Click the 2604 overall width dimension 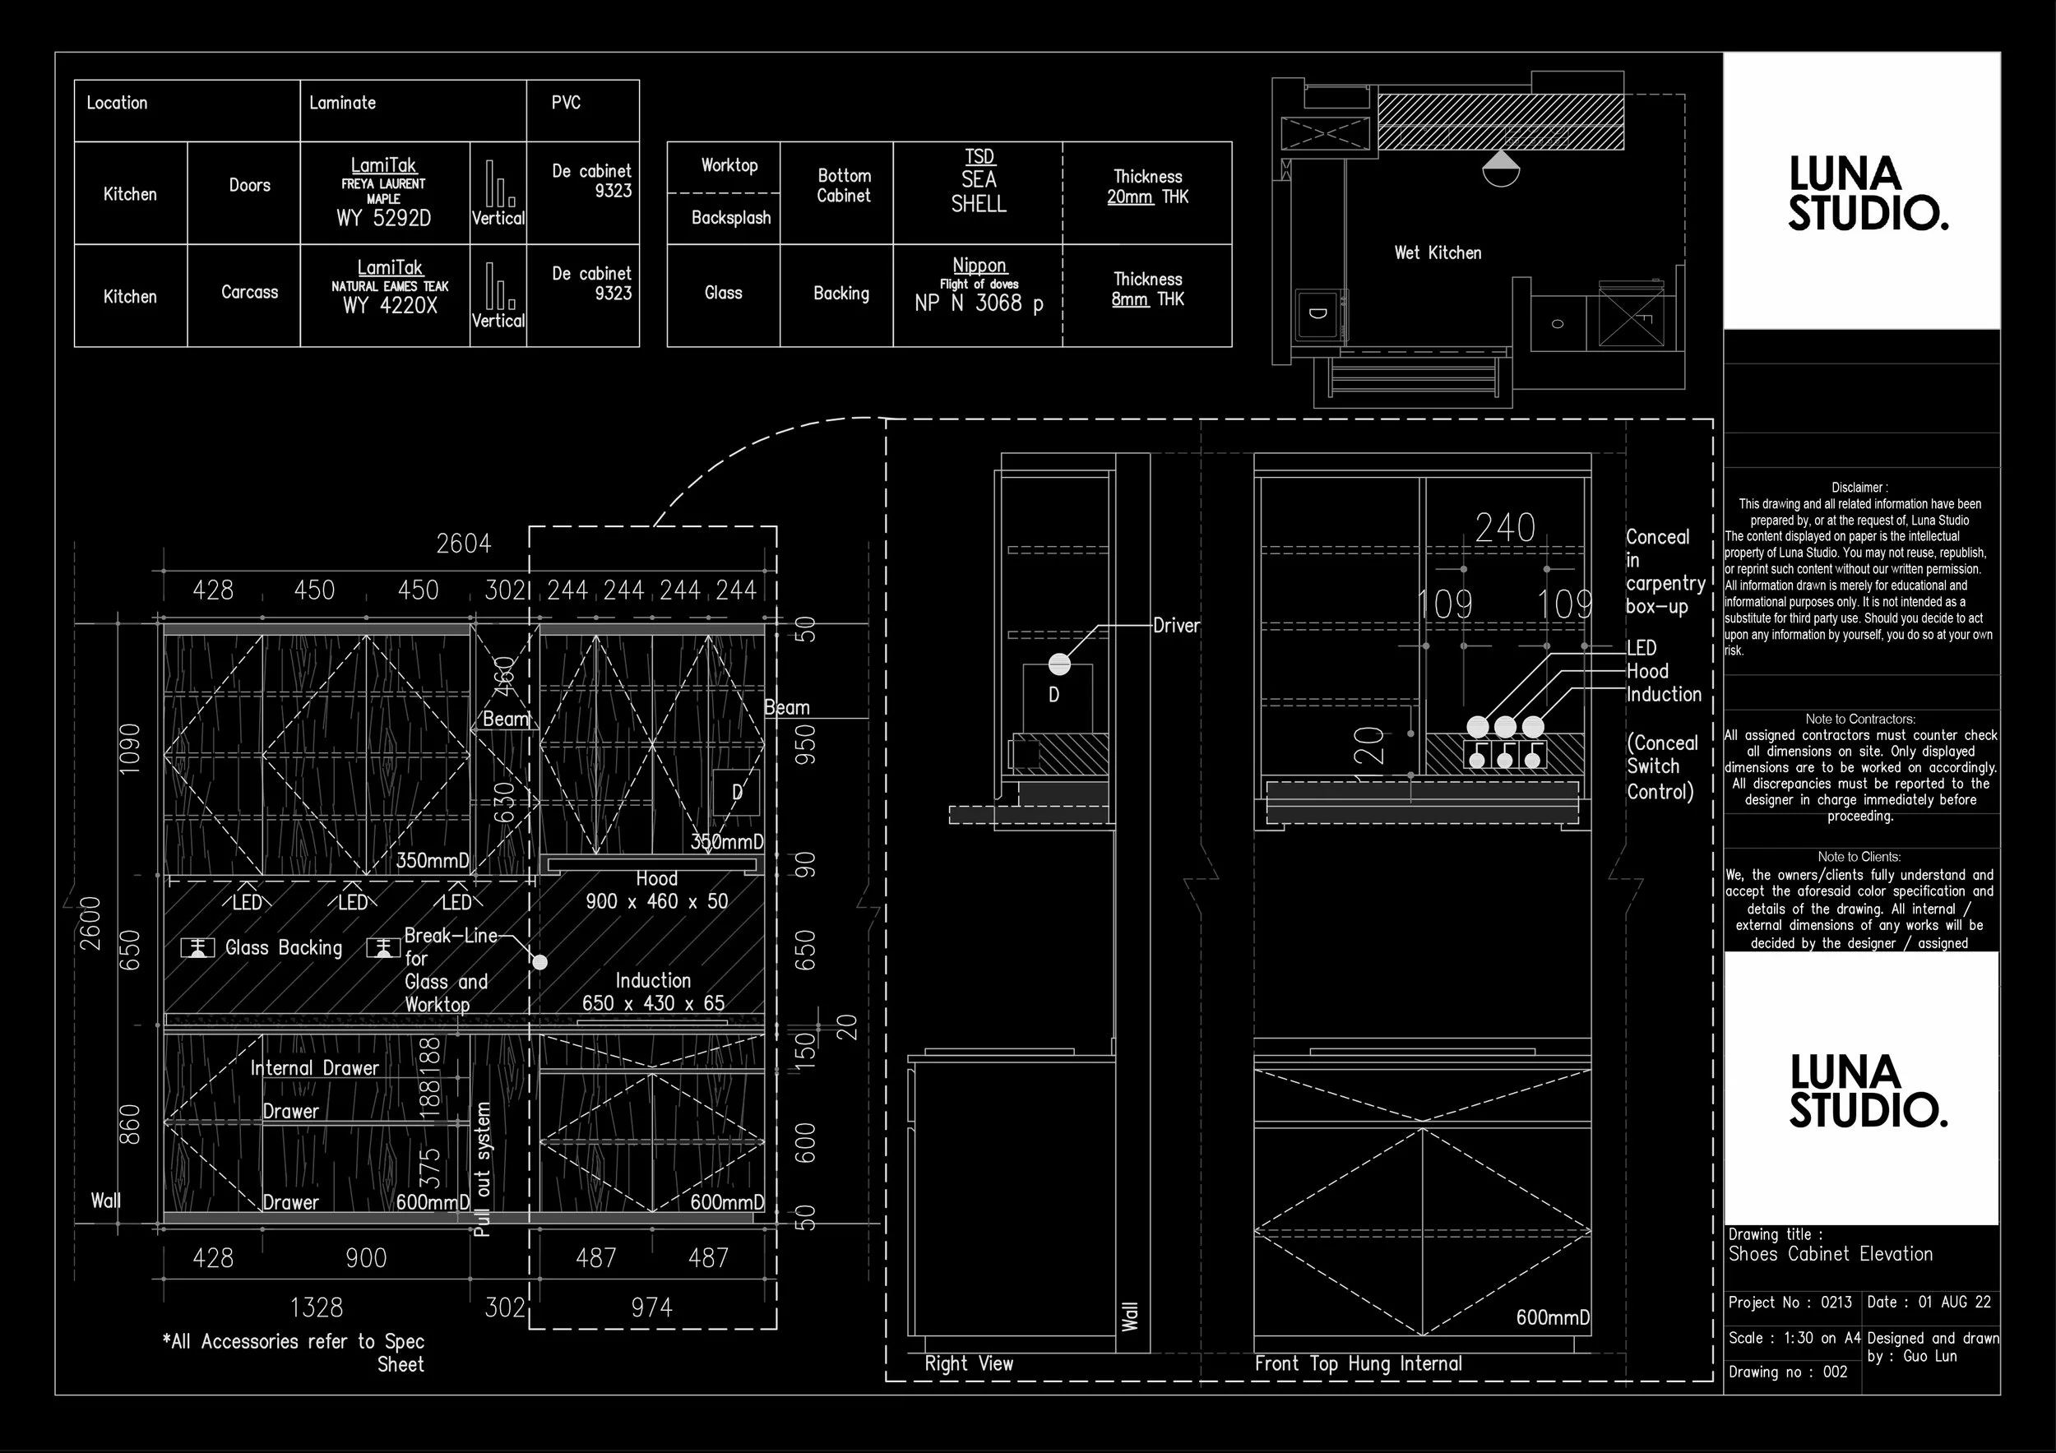[x=463, y=544]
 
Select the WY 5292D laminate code [x=383, y=218]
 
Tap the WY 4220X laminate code [x=390, y=305]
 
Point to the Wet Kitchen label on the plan [x=1438, y=253]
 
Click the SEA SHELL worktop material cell [x=978, y=192]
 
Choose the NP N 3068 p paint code [x=978, y=303]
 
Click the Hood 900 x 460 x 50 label [x=656, y=891]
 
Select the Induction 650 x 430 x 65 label [x=653, y=992]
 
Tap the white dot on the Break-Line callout [x=540, y=962]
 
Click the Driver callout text [x=1175, y=626]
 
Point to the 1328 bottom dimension [x=316, y=1308]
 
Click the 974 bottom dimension [x=651, y=1308]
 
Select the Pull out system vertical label [x=483, y=1169]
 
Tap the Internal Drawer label [x=314, y=1068]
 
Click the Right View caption [x=968, y=1363]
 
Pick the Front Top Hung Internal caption [x=1358, y=1363]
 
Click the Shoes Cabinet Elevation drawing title [x=1830, y=1254]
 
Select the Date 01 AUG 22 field [x=1929, y=1303]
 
